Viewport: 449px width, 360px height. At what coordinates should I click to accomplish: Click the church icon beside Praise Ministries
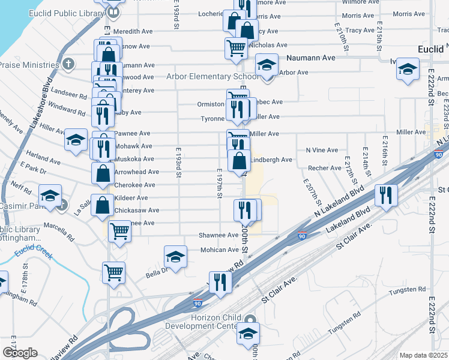tap(69, 64)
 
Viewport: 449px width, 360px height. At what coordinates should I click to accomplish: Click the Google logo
tap(20, 353)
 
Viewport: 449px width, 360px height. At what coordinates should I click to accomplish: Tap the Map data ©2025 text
tap(424, 355)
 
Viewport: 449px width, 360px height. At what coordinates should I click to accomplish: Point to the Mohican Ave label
tap(219, 250)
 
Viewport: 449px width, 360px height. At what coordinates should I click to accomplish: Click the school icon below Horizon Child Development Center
tap(247, 334)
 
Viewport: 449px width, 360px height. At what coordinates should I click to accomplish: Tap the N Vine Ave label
tap(322, 150)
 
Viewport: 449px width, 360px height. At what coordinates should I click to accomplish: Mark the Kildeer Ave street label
tap(131, 197)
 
